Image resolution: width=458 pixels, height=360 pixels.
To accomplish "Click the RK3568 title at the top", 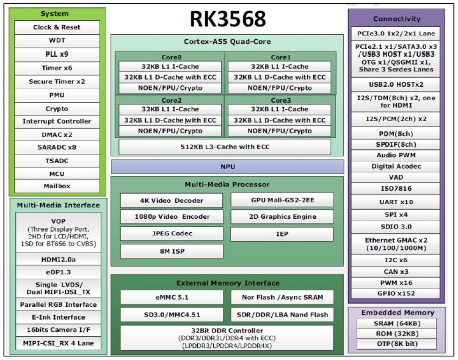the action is click(x=228, y=19).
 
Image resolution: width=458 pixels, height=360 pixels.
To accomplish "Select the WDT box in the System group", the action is click(x=57, y=41).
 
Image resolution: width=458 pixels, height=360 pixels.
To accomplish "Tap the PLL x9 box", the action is click(x=57, y=54).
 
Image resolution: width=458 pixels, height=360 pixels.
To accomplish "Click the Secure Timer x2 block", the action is click(x=57, y=81).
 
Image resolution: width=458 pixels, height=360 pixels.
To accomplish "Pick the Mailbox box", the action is click(x=57, y=186).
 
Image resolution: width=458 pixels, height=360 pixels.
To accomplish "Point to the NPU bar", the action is click(x=228, y=167).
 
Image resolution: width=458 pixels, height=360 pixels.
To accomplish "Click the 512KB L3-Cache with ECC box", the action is click(x=225, y=147).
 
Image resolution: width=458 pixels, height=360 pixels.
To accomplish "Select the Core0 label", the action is click(x=172, y=57).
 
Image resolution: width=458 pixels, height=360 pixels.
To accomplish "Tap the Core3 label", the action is click(x=281, y=100).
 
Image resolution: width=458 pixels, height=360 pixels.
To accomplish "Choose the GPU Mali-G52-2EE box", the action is click(x=282, y=200).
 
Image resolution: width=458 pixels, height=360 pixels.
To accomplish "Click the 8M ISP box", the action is click(x=172, y=251).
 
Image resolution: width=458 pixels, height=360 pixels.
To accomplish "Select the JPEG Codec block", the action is click(x=172, y=233).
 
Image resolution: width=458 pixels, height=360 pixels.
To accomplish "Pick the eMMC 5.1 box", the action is click(x=172, y=298).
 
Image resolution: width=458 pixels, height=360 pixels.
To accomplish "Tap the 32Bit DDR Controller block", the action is click(x=227, y=338).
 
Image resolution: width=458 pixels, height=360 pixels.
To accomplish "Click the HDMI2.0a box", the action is click(x=59, y=260).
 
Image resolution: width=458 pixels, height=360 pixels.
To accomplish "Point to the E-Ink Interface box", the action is click(x=59, y=317).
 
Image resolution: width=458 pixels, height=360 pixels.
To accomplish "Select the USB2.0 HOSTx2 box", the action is click(x=396, y=84).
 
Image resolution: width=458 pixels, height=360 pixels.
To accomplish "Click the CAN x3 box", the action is click(x=396, y=272).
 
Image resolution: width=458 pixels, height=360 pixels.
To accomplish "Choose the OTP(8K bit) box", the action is click(x=397, y=344).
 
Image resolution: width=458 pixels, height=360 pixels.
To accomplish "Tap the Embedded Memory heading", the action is click(x=398, y=312).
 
